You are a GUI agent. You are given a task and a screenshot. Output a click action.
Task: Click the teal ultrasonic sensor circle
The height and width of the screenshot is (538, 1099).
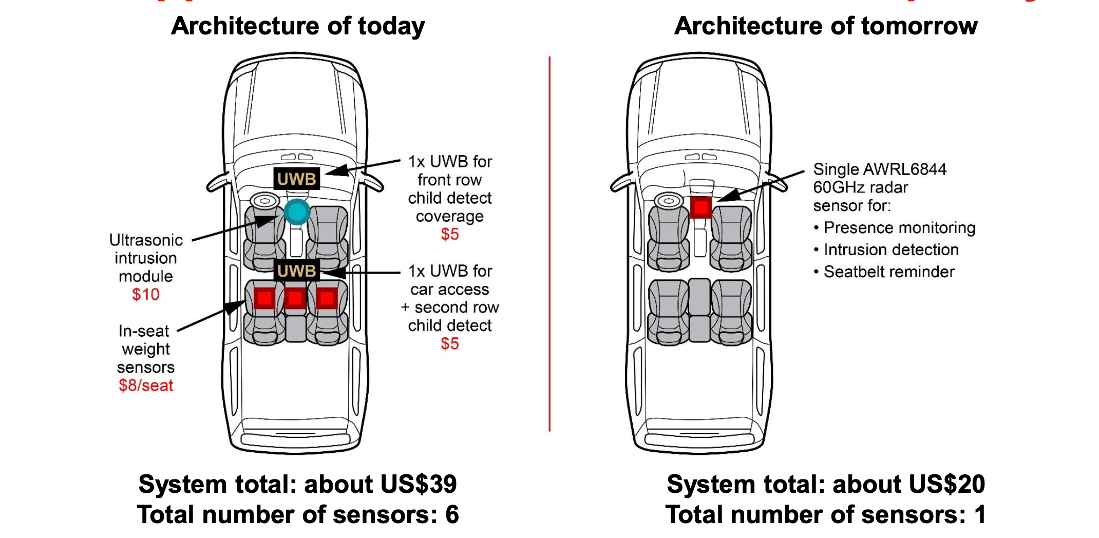[297, 212]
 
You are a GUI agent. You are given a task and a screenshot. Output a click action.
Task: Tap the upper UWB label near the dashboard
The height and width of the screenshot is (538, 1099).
[296, 179]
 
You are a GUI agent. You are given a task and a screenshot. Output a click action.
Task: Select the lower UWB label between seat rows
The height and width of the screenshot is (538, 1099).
[296, 271]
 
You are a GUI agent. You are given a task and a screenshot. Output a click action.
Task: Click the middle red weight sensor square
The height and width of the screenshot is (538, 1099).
[295, 298]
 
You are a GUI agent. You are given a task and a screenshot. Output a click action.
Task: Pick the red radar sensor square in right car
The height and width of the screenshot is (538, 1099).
[701, 207]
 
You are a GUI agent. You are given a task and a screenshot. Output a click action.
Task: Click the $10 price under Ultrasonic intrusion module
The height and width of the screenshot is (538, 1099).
[145, 295]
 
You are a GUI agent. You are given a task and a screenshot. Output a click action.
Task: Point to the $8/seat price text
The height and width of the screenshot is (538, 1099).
[146, 386]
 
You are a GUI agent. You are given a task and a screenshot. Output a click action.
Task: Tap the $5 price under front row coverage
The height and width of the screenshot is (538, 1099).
[449, 235]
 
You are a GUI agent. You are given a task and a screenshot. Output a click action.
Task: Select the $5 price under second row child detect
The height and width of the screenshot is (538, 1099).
[449, 344]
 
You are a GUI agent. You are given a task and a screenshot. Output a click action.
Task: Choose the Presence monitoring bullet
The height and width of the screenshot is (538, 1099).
[899, 228]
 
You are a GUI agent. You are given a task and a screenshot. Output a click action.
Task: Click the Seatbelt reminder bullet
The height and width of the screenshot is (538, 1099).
[888, 272]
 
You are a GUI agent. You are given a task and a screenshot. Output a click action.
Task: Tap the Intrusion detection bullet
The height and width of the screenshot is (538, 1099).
[890, 250]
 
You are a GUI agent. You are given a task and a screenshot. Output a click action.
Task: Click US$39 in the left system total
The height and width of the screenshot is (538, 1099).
[419, 484]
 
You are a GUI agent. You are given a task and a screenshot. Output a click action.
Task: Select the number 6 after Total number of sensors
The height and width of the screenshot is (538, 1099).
[452, 514]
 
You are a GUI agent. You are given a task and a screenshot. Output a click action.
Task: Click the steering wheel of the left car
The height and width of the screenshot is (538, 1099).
[264, 200]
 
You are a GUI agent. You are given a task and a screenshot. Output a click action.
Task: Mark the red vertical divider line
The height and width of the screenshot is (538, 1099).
[549, 244]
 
